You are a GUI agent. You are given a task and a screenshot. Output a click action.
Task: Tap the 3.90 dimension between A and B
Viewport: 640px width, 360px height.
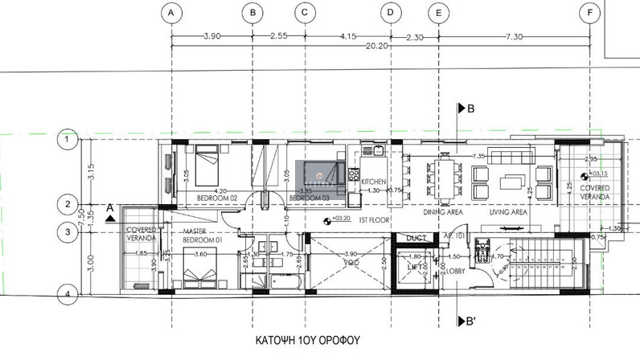211,36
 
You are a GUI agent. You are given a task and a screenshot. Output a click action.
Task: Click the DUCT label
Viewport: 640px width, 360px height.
416,238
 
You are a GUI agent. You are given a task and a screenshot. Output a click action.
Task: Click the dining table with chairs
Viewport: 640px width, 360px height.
445,177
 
